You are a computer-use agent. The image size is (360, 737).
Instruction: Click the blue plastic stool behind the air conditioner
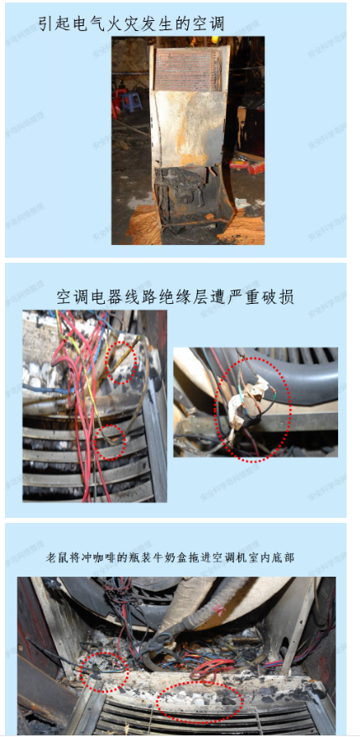tap(131, 102)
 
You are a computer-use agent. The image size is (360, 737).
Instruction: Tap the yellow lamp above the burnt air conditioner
tap(215, 39)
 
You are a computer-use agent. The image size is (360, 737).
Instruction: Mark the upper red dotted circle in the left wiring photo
tap(122, 362)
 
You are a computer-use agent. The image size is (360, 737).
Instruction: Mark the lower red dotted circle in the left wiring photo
tap(110, 442)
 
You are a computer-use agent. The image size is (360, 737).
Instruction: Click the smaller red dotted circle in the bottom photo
tap(104, 672)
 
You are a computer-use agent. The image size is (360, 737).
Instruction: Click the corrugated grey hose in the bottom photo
tap(206, 606)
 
